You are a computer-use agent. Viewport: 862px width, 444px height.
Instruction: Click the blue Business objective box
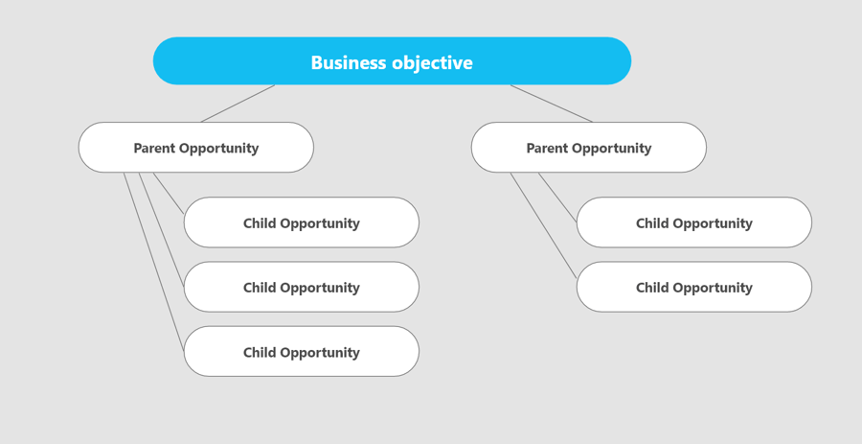pos(392,61)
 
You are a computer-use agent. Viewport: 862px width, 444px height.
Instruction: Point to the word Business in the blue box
pos(349,62)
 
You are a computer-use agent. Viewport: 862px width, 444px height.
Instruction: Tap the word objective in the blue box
pos(432,62)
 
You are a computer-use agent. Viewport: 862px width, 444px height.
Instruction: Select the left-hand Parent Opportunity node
pos(196,148)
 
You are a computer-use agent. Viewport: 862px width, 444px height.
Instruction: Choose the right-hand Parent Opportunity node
pos(589,148)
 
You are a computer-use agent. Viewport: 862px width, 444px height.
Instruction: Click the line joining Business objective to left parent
pos(238,104)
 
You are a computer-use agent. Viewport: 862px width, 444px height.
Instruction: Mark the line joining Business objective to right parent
pos(552,104)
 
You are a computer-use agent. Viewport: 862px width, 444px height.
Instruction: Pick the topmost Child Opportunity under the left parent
pos(302,222)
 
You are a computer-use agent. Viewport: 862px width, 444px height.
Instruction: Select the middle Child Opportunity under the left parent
pos(302,287)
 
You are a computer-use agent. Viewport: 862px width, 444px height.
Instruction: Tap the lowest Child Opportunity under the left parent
pos(302,352)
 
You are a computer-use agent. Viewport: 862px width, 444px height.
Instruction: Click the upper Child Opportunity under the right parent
pos(694,222)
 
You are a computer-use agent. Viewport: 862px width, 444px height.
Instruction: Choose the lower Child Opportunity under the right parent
pos(694,287)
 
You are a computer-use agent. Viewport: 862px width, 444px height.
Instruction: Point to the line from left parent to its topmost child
pos(169,193)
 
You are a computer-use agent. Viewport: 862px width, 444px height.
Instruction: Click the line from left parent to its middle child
pos(161,230)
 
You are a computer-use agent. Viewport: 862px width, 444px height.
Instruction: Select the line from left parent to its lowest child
pos(154,262)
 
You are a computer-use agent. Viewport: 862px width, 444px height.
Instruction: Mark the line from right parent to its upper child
pos(557,198)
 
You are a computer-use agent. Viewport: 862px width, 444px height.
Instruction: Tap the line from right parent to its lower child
pos(544,225)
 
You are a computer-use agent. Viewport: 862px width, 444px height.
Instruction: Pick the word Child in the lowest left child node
pos(260,352)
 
